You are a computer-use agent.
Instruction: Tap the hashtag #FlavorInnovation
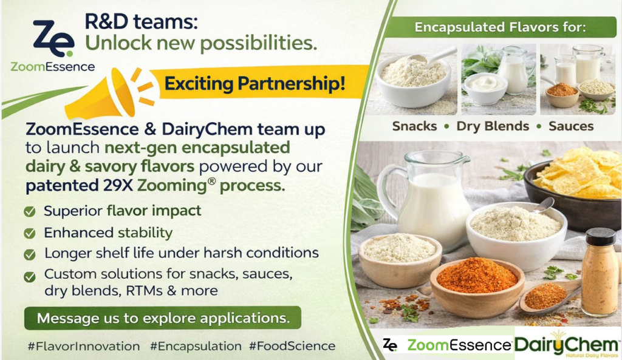pos(84,346)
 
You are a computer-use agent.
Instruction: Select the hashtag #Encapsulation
pos(196,346)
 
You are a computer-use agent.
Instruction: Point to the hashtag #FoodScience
pos(292,346)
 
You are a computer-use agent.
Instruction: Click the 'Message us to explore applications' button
pos(163,318)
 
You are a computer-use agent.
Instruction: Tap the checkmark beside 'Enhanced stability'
pos(30,233)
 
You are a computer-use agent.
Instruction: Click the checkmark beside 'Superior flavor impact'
pos(30,211)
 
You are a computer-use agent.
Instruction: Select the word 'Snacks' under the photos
pos(414,126)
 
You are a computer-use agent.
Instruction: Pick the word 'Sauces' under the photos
pos(571,126)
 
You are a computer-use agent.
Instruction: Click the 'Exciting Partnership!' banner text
pos(255,84)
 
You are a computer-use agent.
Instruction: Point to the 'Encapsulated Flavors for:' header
pos(500,27)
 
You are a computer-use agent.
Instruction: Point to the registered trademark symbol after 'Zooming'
pos(211,181)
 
